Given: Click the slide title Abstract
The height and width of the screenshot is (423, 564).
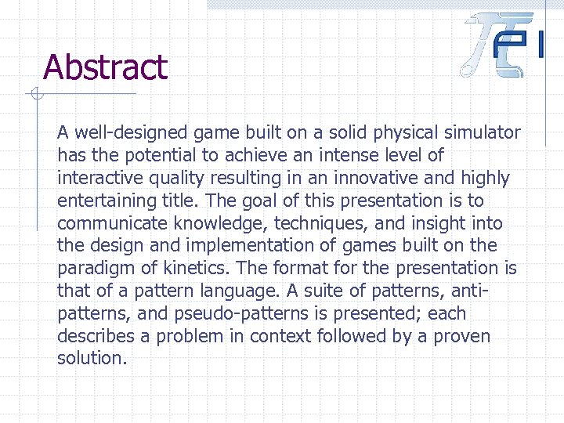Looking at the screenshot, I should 105,67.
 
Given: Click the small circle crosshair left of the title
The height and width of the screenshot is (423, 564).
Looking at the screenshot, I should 34,96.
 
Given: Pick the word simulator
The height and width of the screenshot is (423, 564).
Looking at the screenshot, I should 481,133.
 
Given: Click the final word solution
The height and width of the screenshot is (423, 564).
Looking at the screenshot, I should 92,360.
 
